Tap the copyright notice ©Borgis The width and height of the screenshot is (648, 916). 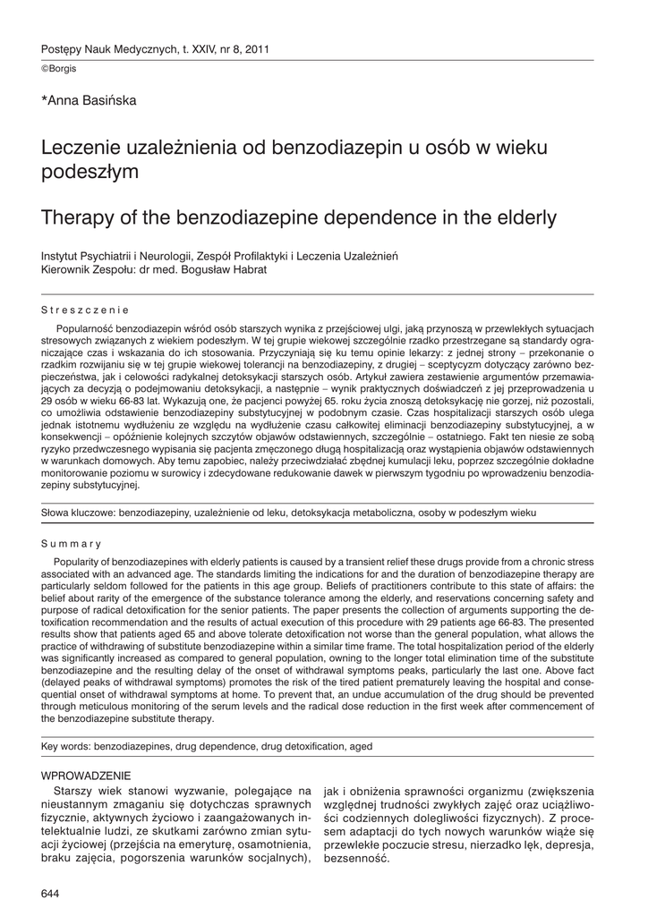tap(59, 69)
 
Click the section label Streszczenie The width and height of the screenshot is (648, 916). tap(86, 310)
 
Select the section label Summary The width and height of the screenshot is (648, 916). tap(72, 543)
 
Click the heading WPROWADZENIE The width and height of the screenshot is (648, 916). tap(87, 775)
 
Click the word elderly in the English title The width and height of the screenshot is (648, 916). tap(520, 216)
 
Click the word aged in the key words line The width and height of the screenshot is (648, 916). tap(361, 746)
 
